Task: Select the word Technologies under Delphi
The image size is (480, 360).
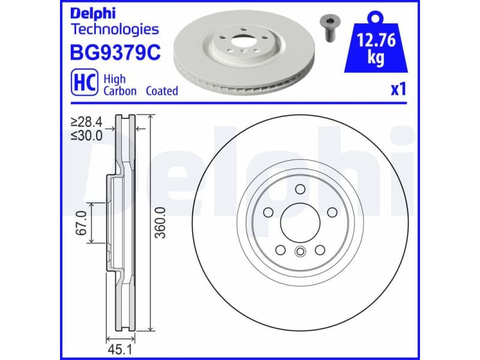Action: tap(115, 29)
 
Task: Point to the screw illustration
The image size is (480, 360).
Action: tap(328, 27)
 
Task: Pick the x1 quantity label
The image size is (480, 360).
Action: tap(399, 89)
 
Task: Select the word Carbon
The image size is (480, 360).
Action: tap(120, 91)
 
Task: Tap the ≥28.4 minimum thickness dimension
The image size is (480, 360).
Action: tap(87, 122)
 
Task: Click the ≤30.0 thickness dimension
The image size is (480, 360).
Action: tap(87, 136)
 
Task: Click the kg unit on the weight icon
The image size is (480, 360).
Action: tap(376, 59)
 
